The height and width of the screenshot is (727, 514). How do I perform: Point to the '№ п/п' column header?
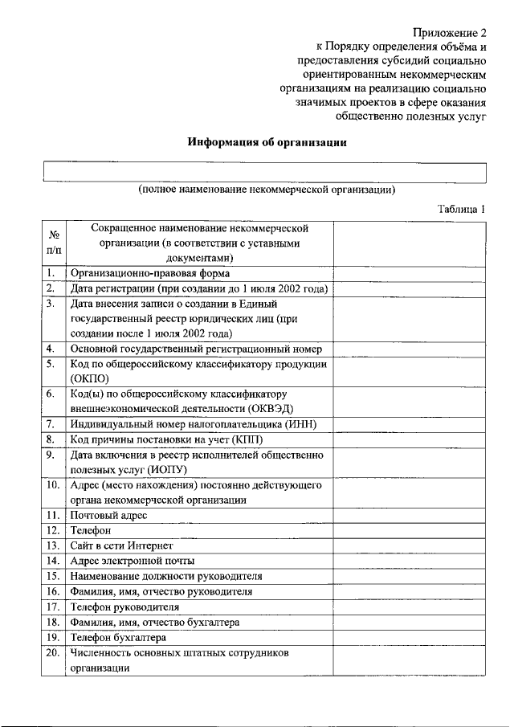[55, 243]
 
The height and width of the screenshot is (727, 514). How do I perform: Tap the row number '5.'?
[51, 364]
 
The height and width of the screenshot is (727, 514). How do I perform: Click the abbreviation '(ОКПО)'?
[90, 379]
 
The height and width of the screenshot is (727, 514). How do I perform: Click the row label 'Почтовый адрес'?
[108, 516]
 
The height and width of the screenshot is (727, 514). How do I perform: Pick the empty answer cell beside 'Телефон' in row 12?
[410, 531]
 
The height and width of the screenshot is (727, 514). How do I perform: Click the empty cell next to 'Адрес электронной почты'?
[410, 562]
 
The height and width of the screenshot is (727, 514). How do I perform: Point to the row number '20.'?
[53, 653]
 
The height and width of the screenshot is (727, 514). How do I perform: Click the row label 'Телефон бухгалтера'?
[118, 638]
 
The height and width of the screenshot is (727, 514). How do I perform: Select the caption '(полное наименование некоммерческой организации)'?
[266, 190]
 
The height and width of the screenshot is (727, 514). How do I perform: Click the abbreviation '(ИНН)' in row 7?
[302, 424]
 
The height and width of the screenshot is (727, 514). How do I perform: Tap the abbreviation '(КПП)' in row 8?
[246, 439]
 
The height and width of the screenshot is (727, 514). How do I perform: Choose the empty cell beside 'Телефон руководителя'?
[410, 607]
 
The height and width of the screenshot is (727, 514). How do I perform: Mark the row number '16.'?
[53, 592]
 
